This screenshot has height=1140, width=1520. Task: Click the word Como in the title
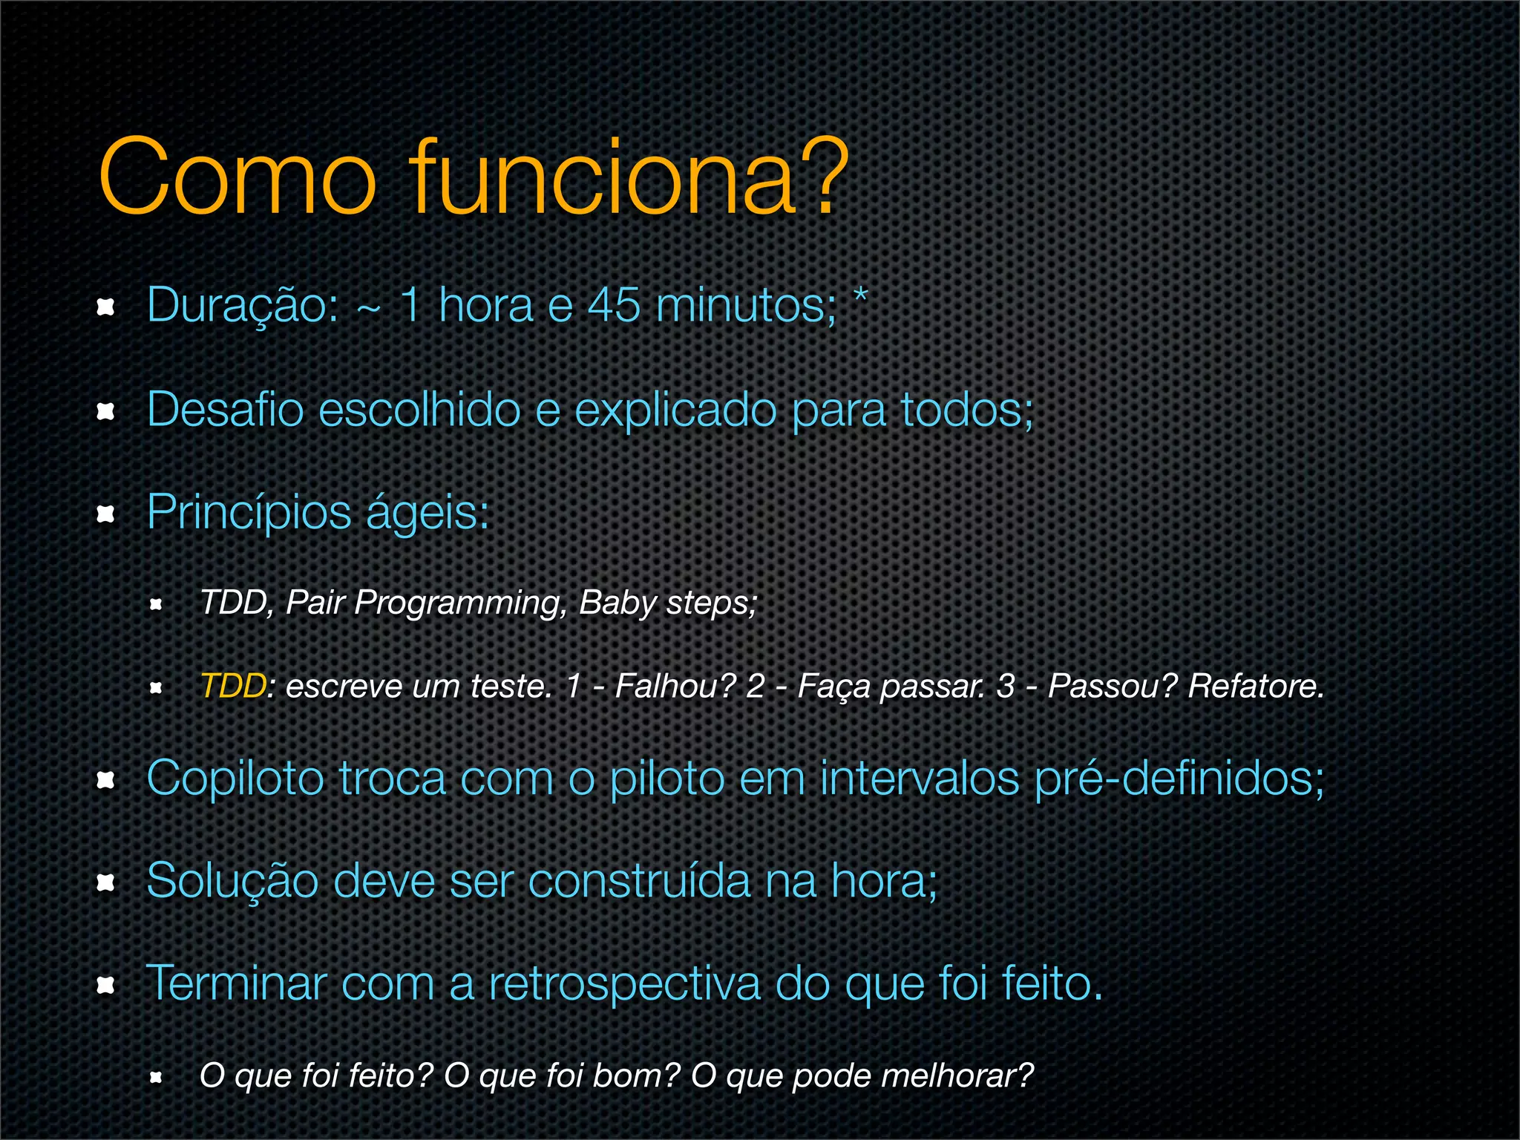(237, 178)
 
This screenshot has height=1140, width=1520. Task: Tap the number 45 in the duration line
(614, 306)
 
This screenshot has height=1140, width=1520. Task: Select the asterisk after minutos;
(860, 295)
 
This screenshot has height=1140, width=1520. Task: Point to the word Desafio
(225, 409)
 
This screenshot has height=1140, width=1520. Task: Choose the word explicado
(675, 410)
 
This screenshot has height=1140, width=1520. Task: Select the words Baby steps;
(668, 603)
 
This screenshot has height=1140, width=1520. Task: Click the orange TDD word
(232, 686)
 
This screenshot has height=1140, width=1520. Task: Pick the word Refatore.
(1256, 686)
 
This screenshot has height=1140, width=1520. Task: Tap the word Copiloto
(235, 779)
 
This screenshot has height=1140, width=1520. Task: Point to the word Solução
(232, 881)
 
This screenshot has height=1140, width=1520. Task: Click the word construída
(639, 881)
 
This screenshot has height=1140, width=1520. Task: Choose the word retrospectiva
(624, 984)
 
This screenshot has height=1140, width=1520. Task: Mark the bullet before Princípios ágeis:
(106, 514)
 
